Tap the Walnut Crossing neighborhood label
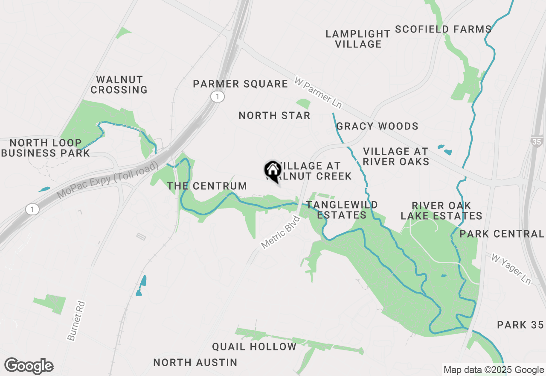pos(119,85)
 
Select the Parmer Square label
pos(240,84)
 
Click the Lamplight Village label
pos(358,39)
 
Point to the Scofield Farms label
pos(443,29)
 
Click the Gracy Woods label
pos(377,126)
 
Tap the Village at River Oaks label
pos(396,156)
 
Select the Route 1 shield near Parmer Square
pos(218,97)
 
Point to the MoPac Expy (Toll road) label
pos(107,180)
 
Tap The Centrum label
pos(207,186)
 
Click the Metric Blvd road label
pos(281,232)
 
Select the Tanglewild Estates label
pos(342,210)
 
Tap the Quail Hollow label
pos(254,347)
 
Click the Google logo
pos(29,366)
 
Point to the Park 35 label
pos(520,325)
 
